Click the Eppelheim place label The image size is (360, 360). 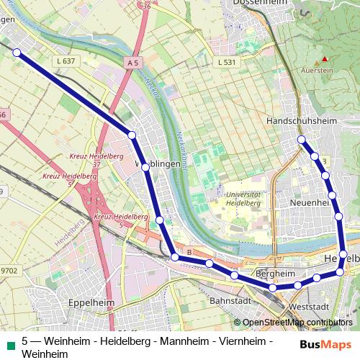(x=91, y=303)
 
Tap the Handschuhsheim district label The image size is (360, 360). (x=311, y=121)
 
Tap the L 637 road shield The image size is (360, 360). (x=66, y=61)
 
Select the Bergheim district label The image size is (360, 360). (x=276, y=274)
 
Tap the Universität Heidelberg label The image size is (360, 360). (x=243, y=199)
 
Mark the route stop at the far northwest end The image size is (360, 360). (x=16, y=52)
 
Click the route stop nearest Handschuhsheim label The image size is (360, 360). (x=302, y=139)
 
